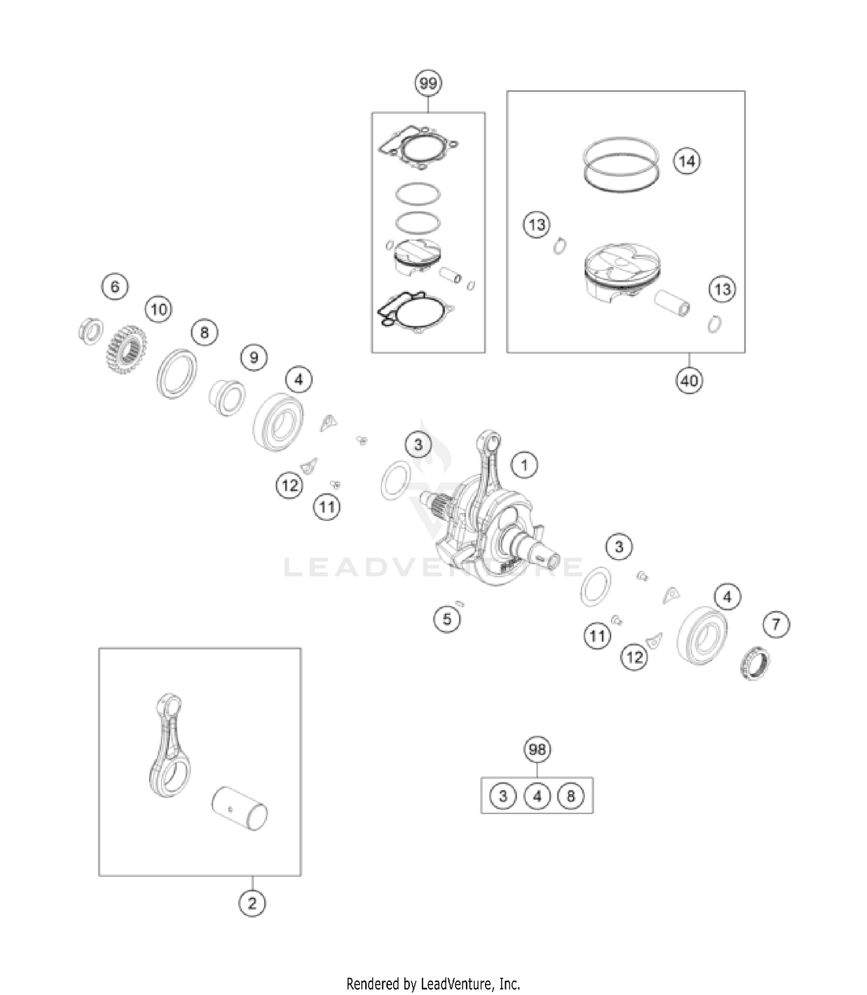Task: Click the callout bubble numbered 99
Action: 428,84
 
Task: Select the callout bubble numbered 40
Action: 689,380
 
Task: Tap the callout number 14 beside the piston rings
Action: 687,161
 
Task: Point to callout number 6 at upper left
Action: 114,287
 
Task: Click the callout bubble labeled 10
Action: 159,309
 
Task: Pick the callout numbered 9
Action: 254,357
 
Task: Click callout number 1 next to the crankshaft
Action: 524,465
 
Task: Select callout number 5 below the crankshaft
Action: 447,619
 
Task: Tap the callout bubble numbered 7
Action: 776,624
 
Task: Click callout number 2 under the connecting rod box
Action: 252,903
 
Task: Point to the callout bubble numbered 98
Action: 537,749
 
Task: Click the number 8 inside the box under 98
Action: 570,796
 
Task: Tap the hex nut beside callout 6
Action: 90,331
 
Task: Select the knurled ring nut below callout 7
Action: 755,664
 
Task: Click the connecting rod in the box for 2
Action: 171,745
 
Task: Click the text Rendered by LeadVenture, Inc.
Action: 433,983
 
